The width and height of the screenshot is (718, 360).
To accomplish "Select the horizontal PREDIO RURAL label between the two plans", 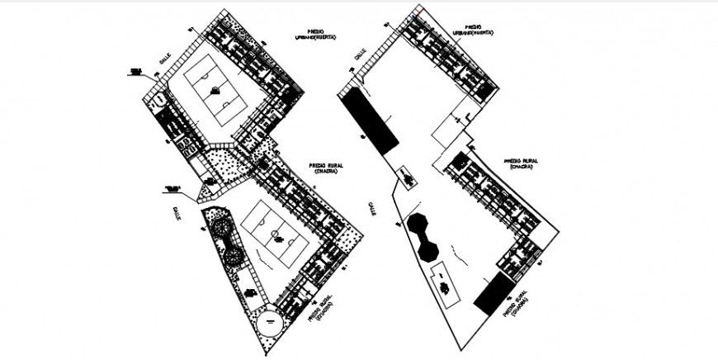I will (x=324, y=168).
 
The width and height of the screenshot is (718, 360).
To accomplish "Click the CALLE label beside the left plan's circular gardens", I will (x=176, y=213).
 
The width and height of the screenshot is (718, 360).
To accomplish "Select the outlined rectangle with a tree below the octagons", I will (x=446, y=287).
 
